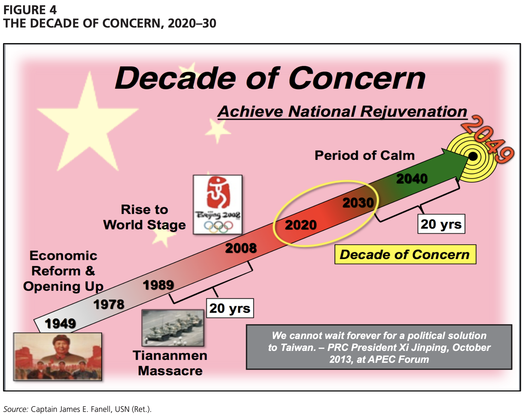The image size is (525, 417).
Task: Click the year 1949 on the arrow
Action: coord(61,323)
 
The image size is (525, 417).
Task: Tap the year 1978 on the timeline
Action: coord(109,304)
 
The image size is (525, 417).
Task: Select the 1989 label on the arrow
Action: coord(158,285)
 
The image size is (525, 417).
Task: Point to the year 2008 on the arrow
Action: coord(241,248)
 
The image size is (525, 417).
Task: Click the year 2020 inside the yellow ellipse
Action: coord(301,225)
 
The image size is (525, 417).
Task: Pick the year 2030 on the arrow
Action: coord(358,203)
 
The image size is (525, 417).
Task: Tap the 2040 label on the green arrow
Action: coord(412,179)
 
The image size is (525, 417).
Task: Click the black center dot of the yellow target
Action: coord(473,156)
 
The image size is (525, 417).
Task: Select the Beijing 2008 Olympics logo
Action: coord(218,205)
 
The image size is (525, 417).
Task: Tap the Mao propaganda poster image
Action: coord(58,356)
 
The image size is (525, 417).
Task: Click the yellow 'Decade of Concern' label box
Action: coord(405,254)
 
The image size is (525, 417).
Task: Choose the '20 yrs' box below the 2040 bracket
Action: coord(441,224)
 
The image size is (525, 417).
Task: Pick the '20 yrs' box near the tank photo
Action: coord(230,308)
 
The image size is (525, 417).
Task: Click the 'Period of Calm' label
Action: coord(365,155)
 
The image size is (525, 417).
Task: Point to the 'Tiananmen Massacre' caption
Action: coord(170,363)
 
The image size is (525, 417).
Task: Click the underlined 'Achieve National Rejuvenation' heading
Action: coord(342,111)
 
